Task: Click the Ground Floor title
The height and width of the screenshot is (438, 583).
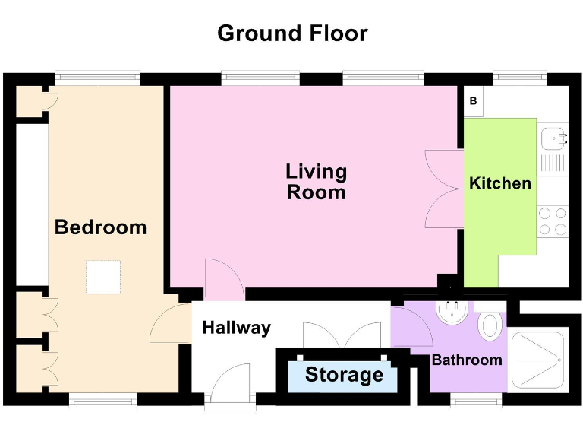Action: coord(292,33)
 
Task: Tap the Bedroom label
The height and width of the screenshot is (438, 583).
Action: coord(100,227)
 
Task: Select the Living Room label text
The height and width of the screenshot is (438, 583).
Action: coord(316,182)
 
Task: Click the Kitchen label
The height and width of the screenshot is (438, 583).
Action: coord(499,183)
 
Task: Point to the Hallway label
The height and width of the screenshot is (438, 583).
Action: coord(236,328)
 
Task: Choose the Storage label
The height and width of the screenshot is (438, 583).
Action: coord(344,375)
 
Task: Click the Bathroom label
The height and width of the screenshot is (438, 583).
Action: coord(466,360)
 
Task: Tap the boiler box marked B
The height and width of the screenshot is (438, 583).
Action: coord(473,100)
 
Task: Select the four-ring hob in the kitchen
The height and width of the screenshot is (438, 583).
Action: coord(553,221)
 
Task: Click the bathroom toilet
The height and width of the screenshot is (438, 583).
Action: coord(490,325)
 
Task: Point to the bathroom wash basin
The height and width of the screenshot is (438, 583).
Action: coord(454,313)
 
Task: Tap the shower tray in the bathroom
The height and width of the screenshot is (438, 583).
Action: coord(538,357)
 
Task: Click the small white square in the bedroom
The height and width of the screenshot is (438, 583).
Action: coord(102,277)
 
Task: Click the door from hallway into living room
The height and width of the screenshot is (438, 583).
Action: coord(223,280)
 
